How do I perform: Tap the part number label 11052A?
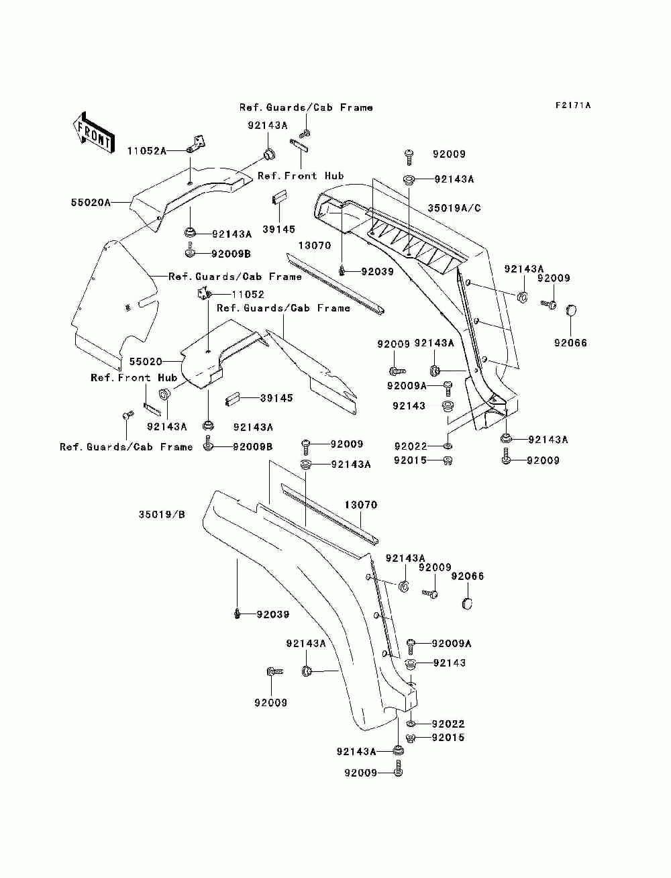(146, 151)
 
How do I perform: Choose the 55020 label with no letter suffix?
(146, 361)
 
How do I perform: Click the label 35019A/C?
(454, 207)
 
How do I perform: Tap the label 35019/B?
(162, 515)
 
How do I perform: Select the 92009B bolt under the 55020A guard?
(189, 253)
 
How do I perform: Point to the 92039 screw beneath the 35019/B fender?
(238, 613)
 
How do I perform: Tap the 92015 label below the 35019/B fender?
(448, 738)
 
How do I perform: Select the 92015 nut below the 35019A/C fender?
(448, 460)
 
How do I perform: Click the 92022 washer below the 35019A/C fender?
(448, 446)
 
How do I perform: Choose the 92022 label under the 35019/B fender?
(448, 724)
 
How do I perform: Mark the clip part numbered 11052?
(202, 293)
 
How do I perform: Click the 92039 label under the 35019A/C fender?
(377, 271)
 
